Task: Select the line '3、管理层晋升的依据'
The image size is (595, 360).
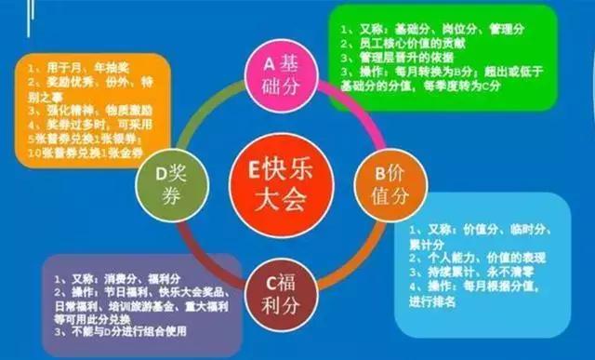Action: (x=400, y=58)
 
